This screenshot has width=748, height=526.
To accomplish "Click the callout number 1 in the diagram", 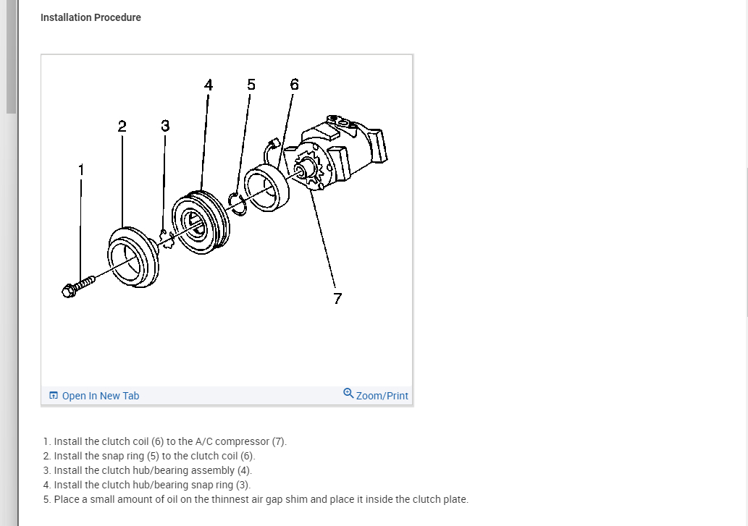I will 81,169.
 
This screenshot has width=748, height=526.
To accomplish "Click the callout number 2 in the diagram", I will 122,126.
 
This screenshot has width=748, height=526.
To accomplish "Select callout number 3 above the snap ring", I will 164,126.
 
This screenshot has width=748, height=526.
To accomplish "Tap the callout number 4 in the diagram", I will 209,85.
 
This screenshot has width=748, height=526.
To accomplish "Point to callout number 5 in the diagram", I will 251,85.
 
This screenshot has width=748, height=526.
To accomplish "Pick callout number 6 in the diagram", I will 293,85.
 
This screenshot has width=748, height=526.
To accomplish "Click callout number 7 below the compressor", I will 337,298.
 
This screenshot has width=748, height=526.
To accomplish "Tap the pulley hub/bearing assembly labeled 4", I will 201,221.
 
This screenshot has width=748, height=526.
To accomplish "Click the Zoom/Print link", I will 382,396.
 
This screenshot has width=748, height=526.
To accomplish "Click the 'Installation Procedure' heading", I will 91,17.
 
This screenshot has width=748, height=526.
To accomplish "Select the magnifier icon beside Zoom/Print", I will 348,394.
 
